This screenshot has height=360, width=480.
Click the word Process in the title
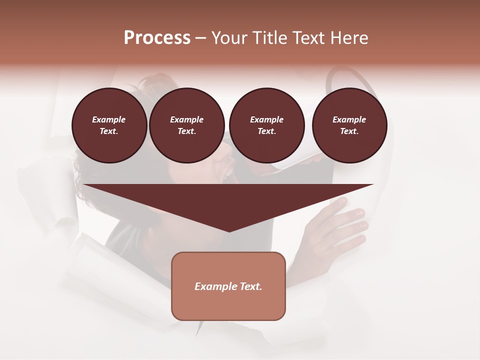[157, 38]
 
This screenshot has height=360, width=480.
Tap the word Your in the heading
[228, 38]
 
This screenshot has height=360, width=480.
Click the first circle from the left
[109, 125]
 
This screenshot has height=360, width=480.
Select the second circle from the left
[186, 125]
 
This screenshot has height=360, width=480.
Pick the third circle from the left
[266, 125]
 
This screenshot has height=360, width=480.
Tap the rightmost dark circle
[349, 125]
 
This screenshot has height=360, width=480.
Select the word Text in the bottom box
[250, 286]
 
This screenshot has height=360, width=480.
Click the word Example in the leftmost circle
[109, 120]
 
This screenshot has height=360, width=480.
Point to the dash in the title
[200, 38]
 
